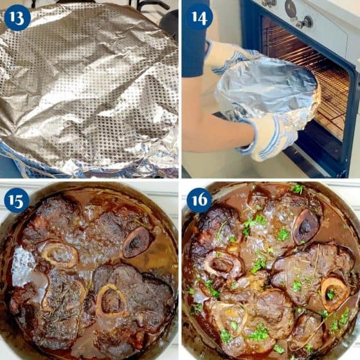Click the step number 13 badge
coord(17,17)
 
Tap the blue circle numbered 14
coord(199,16)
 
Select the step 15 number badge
coord(17,200)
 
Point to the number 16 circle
coord(199,200)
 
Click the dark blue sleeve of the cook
coord(194,51)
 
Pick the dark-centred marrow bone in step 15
coord(137,241)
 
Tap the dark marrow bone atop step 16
coord(305,225)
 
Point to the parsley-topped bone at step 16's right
coord(334,292)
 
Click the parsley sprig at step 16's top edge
coord(297,189)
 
